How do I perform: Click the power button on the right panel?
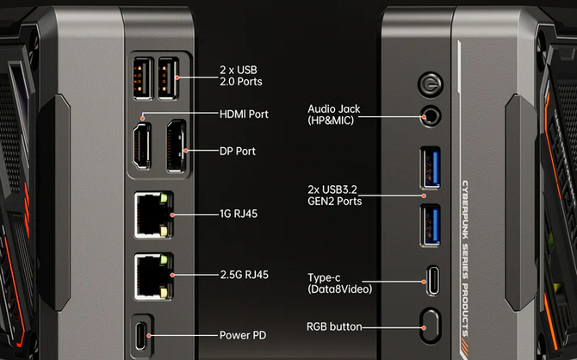pos(431,84)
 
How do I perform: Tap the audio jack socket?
pos(431,116)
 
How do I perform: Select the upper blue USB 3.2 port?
pos(431,168)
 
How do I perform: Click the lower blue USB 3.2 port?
pos(431,226)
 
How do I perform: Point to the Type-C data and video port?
pos(433,281)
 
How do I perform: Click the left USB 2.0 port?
pos(143,78)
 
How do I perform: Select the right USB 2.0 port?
pos(168,78)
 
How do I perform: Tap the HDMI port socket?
pos(142,146)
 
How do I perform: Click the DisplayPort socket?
pos(176,146)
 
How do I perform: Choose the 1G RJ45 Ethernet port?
pos(152,215)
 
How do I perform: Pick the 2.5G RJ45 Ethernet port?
pos(152,276)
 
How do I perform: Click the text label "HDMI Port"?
pos(244,114)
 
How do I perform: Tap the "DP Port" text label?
pos(238,151)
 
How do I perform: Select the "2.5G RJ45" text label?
pos(245,275)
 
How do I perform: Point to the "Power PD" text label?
pos(243,335)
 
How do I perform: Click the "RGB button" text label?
pos(334,326)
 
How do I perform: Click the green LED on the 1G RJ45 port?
pos(164,198)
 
